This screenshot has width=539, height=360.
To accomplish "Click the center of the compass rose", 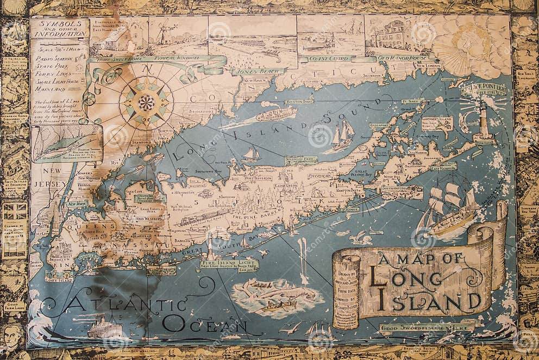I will pos(146,102).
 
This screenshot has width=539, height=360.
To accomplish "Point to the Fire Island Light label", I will pos(229,264).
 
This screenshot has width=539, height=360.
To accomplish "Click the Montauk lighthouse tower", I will pos(484,122).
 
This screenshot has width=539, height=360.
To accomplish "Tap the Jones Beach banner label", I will pos(259,71).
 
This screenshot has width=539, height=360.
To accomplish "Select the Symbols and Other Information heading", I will pos(59,28).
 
